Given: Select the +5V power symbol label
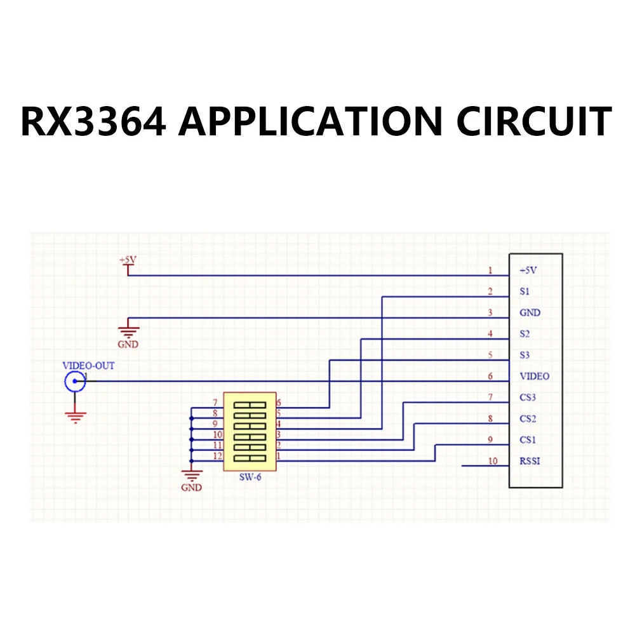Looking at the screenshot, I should tap(128, 260).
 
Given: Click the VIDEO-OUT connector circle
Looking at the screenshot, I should tap(76, 381).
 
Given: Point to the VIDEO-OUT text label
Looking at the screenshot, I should tap(88, 366).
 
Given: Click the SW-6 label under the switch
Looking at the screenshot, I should tap(250, 478).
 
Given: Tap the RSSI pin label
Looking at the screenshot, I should tap(530, 461).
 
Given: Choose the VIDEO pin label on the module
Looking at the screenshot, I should tap(534, 376).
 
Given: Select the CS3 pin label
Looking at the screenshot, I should tap(528, 398).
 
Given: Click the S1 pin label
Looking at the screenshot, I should tap(525, 291).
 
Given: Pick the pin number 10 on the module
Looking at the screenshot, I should tap(492, 461).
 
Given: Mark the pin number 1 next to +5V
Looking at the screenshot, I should tap(490, 271).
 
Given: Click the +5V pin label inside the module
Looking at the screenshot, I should tap(528, 270).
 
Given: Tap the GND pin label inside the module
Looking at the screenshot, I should tap(530, 312).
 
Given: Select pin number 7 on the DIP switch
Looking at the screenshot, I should tap(215, 403).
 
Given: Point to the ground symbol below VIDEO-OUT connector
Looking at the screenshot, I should tap(76, 416).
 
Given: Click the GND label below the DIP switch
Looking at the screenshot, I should tap(191, 488).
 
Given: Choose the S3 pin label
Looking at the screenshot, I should tap(525, 355).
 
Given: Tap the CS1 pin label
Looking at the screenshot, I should tap(528, 439).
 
